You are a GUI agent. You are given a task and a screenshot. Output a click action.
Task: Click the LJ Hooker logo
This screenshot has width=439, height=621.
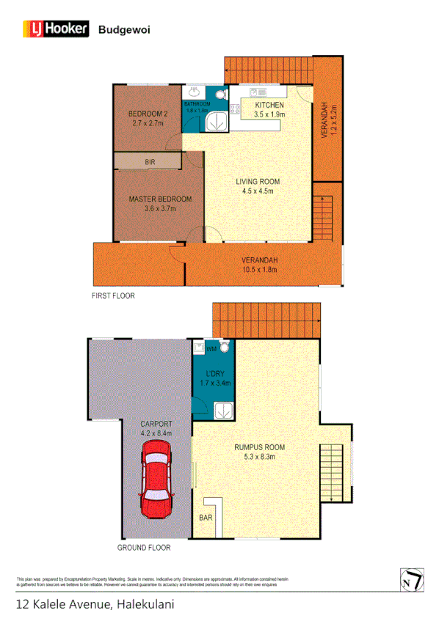pyautogui.click(x=56, y=29)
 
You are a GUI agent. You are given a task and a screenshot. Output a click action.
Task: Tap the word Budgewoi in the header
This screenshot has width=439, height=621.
pyautogui.click(x=121, y=29)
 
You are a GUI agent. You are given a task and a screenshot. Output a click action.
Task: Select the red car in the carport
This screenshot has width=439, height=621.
pyautogui.click(x=156, y=479)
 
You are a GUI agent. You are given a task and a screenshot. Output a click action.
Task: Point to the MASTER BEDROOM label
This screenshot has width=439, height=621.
pyautogui.click(x=160, y=199)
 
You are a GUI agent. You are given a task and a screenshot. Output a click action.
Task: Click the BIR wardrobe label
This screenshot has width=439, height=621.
pyautogui.click(x=150, y=161)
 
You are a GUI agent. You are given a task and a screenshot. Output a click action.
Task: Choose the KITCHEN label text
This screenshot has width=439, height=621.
pyautogui.click(x=269, y=105)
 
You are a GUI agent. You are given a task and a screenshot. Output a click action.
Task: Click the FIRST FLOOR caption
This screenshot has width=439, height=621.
pyautogui.click(x=113, y=296)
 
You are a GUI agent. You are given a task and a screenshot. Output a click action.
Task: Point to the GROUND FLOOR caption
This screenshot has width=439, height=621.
pyautogui.click(x=144, y=548)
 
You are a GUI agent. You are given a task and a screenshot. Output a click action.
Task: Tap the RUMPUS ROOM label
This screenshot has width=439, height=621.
pyautogui.click(x=260, y=447)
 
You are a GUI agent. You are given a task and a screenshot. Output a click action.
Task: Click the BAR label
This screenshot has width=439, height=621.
pyautogui.click(x=206, y=518)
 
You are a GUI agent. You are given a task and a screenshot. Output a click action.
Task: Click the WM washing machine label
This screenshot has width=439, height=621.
pyautogui.click(x=211, y=349)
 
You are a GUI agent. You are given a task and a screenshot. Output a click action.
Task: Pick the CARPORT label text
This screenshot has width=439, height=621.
pyautogui.click(x=156, y=424)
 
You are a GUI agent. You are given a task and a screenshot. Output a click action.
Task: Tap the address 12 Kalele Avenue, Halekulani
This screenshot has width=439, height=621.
pyautogui.click(x=95, y=605)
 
